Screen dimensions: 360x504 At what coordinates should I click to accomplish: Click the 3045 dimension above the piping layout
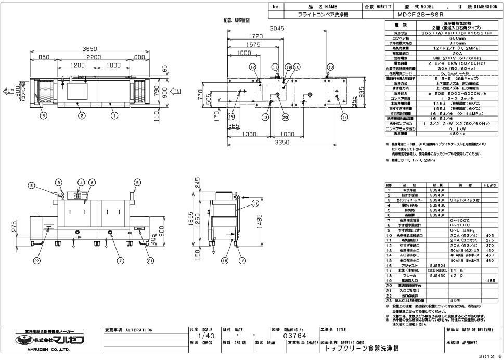pos(276,28)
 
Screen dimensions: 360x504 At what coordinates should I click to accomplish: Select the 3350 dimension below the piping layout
pos(282,142)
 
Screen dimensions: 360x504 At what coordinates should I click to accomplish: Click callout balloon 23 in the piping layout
pos(286,117)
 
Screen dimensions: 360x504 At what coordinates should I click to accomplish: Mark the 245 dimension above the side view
pos(198,183)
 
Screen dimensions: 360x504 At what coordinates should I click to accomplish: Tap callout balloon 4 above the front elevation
pos(81,182)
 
